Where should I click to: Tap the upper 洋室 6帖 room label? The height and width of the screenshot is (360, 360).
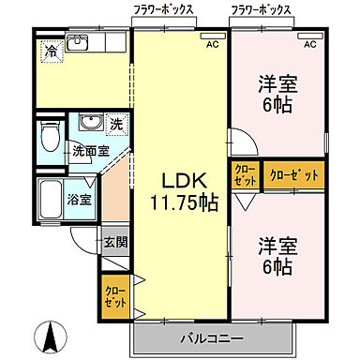277,95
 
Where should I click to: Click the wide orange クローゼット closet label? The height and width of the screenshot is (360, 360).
293,173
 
